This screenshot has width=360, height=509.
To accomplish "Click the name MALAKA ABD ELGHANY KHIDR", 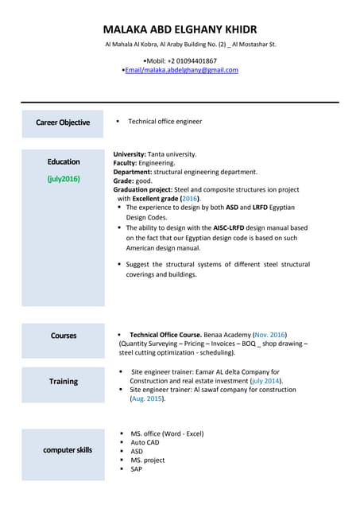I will pos(180,29).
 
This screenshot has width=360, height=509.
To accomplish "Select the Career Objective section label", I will pos(63,122).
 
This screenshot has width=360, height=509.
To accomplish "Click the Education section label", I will pos(64,162).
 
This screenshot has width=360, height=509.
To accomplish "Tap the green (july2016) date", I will pos(64,179).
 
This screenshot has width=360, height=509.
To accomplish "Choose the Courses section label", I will pos(64,336).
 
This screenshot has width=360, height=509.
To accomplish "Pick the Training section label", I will pos(64,382).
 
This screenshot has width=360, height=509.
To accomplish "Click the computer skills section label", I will pos(68,450).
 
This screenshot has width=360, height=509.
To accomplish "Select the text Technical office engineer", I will pos(165,122).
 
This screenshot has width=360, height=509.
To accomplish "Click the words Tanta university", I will pos(172,154).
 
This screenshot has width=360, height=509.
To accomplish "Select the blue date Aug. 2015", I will pos(147,398).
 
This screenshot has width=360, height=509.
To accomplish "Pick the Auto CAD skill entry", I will pos(145,442).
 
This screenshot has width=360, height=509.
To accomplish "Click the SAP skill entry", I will pos(137,468).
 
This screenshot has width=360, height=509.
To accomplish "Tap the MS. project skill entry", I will pos(148,460).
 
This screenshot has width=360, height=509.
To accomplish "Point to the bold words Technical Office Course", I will pos(167,335).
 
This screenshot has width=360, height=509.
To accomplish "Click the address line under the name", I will pos(191,45).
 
